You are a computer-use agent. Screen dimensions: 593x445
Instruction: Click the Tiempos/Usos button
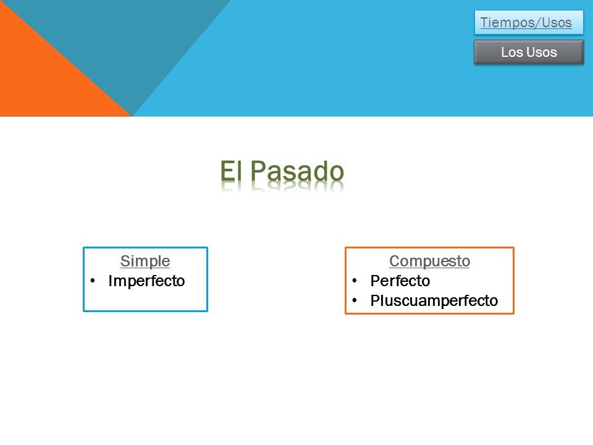529,22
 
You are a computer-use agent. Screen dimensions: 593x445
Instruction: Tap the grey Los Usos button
529,52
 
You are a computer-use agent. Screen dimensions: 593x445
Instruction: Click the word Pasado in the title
297,171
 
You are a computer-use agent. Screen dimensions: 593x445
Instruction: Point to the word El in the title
230,171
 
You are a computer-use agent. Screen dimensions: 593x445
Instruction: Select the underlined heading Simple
145,261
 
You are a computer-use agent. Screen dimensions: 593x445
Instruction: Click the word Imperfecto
146,281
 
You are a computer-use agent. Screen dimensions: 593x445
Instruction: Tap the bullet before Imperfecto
92,281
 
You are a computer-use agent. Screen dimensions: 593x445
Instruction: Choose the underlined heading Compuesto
430,261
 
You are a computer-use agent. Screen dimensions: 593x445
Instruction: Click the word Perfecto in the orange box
400,281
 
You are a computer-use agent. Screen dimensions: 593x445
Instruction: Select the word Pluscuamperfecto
434,301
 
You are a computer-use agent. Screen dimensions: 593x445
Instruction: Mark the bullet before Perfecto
355,281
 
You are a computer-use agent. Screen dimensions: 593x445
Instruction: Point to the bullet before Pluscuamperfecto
355,301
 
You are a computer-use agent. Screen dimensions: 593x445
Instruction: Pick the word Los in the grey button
511,52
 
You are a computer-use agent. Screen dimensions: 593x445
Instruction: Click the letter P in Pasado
258,171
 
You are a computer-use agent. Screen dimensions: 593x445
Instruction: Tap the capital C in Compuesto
395,261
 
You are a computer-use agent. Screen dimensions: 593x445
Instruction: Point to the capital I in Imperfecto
111,281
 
